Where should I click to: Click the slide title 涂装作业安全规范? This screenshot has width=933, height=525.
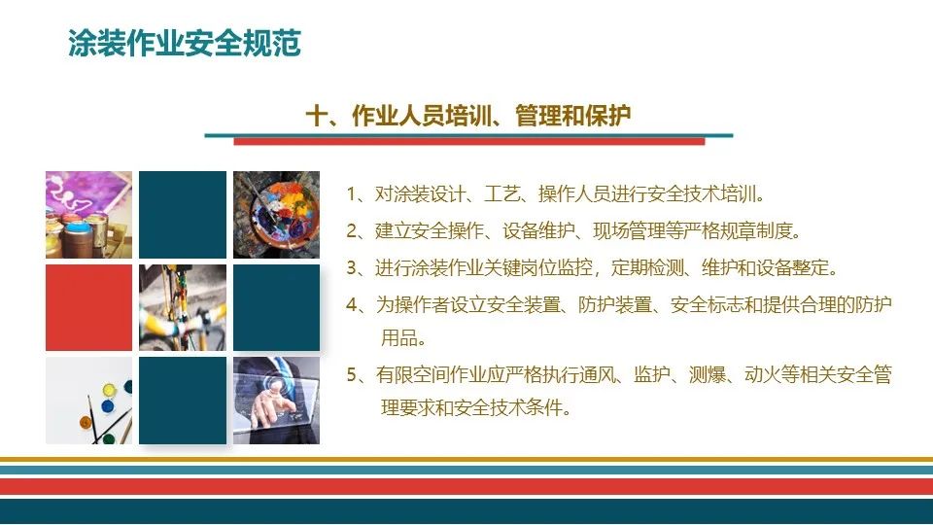click(x=185, y=44)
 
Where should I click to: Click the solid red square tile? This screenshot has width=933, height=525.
click(x=88, y=307)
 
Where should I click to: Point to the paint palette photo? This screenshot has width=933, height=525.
click(x=276, y=214)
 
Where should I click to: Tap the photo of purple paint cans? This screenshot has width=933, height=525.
click(x=88, y=214)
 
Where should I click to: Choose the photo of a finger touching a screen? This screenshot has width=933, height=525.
click(x=276, y=401)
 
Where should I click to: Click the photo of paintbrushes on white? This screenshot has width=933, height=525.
click(x=88, y=401)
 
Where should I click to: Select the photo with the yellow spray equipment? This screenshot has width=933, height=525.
click(x=183, y=307)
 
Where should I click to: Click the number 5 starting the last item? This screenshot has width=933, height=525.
click(x=352, y=374)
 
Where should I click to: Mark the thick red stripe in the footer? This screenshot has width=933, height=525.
click(x=466, y=485)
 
